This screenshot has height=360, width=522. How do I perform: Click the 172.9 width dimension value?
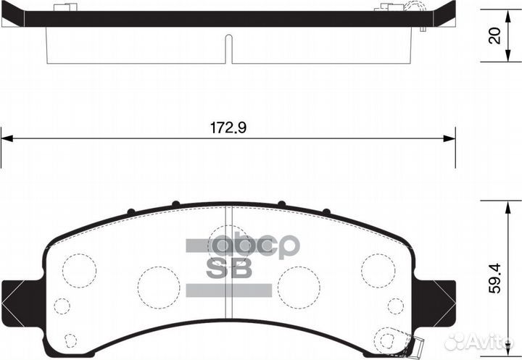(x=229, y=127)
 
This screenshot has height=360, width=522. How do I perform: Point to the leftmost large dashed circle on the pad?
(x=79, y=269)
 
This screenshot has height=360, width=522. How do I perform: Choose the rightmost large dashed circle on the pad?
(x=378, y=269)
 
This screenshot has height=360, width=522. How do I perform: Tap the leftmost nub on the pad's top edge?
(x=130, y=212)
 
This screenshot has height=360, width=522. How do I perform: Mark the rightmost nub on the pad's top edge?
(x=327, y=212)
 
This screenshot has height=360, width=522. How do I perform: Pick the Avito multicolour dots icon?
(x=455, y=341)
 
